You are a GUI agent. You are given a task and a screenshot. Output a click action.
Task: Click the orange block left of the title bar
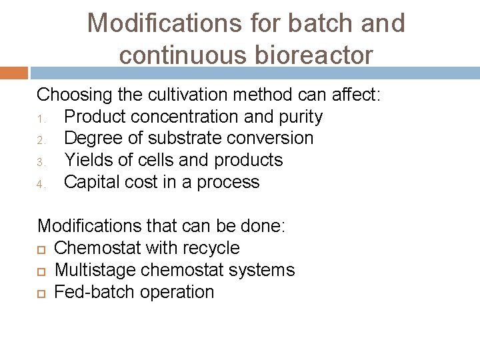coord(13,73)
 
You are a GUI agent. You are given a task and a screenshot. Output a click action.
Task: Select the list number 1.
coord(40,118)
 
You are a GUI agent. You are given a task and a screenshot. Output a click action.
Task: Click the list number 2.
coord(40,140)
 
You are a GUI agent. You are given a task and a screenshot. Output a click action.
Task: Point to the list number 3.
coord(40,162)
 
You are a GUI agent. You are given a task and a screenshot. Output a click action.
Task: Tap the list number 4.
coord(40,184)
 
